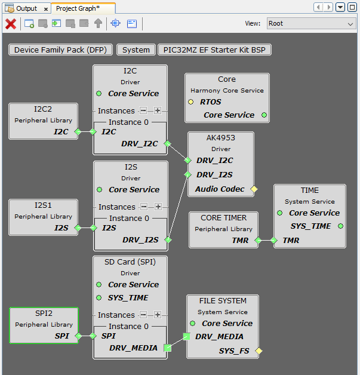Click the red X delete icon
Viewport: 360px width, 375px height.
[10, 24]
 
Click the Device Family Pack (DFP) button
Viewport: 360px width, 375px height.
[60, 50]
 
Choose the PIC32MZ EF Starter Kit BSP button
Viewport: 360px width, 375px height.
[214, 50]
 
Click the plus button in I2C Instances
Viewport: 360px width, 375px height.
[158, 110]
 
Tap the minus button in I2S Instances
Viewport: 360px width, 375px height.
[143, 207]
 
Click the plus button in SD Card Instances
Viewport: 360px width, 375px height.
[158, 315]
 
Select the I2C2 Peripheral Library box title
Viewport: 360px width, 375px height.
[43, 109]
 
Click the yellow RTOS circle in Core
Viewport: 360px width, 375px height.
[191, 102]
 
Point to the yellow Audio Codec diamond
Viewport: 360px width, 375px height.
[254, 189]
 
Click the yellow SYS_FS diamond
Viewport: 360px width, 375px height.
[259, 351]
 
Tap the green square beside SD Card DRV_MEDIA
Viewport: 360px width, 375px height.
[167, 348]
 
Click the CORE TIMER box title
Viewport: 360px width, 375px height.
[223, 218]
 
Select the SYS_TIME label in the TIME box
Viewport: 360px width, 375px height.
[310, 226]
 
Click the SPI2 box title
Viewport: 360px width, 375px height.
[43, 313]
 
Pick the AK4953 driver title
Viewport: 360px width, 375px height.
[221, 138]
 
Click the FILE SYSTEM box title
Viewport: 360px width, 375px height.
[223, 300]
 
